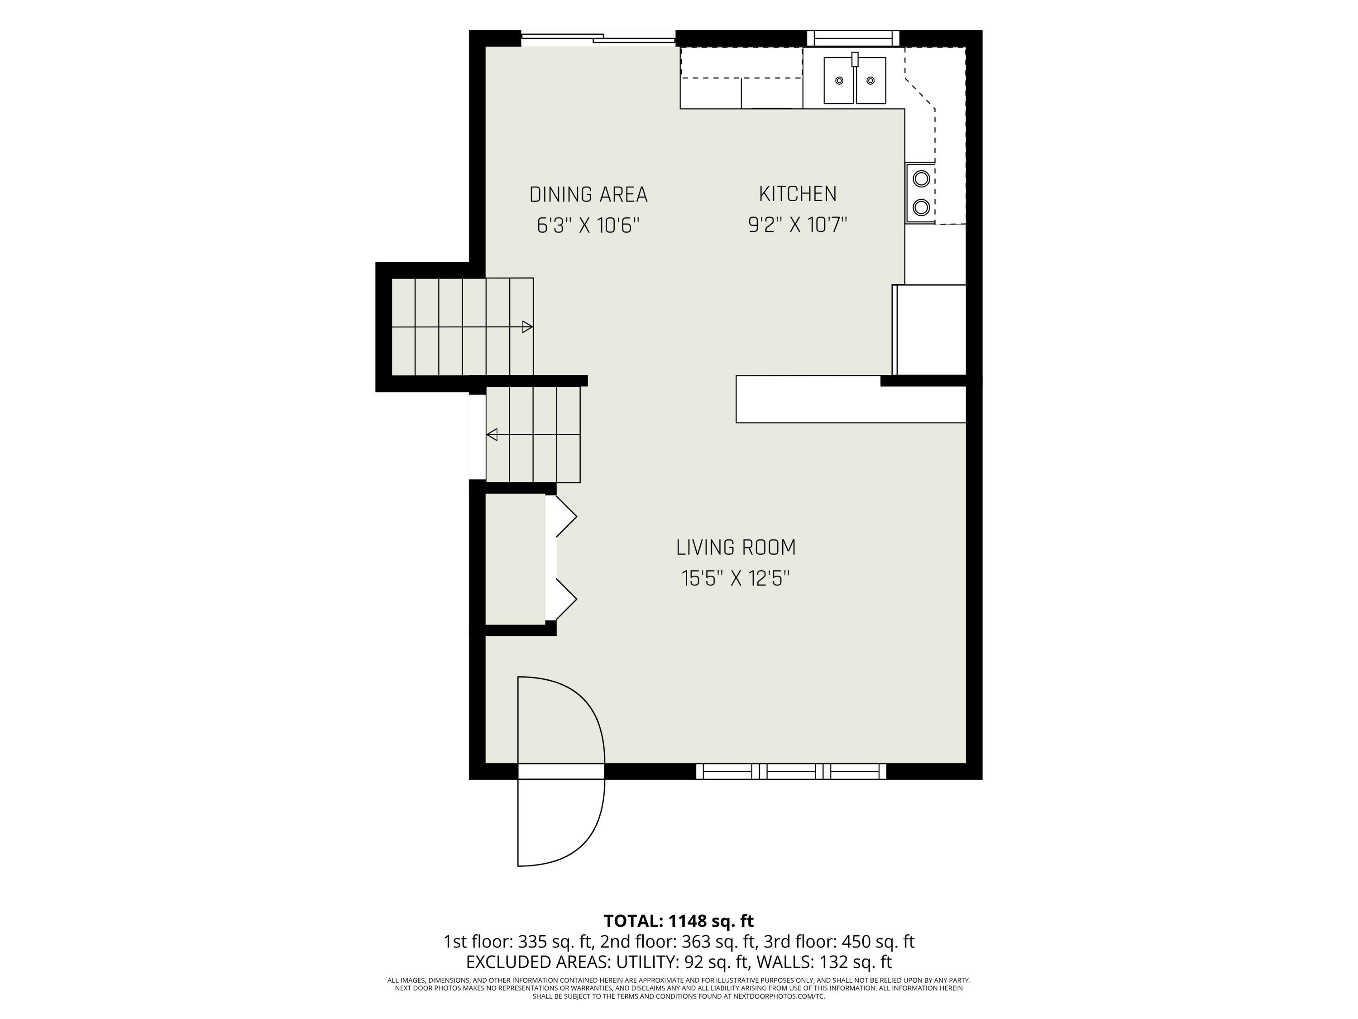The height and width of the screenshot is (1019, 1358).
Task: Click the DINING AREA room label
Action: [588, 195]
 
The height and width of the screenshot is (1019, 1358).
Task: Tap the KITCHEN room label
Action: [798, 194]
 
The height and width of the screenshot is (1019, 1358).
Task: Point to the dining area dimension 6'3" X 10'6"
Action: [588, 226]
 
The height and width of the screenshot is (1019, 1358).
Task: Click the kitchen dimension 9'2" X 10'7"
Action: [798, 225]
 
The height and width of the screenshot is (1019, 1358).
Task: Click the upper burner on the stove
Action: [921, 179]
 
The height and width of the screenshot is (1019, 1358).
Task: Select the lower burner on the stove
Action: [921, 207]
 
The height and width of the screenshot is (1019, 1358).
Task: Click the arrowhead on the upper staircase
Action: [527, 327]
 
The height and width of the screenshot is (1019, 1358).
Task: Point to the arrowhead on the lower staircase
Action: [492, 435]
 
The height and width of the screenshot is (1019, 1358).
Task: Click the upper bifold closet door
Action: [561, 517]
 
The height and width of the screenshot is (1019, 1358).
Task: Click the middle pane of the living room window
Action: [791, 771]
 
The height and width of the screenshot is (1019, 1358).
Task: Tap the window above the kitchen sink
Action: [853, 38]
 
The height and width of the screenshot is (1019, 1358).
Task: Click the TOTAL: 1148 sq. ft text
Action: [679, 921]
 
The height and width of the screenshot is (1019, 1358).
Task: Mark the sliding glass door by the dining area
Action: [598, 38]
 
